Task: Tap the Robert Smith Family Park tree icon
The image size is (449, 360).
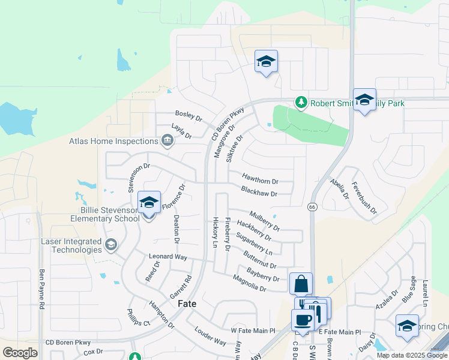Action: coord(301,103)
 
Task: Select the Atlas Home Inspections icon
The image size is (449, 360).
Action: coord(167,142)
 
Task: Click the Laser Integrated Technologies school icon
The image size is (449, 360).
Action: coord(110,244)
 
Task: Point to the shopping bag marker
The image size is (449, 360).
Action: coord(301,284)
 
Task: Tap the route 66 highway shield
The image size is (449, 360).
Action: coord(312,206)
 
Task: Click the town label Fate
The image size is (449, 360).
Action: coord(187,304)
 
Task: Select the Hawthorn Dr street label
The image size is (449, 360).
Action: coord(261,181)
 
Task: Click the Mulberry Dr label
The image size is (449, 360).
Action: coord(265,220)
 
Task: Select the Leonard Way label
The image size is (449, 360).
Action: coord(168,257)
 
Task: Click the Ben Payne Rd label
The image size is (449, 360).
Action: coord(41,289)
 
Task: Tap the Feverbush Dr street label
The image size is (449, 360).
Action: coord(364,198)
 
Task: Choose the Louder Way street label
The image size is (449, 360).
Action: coord(211,337)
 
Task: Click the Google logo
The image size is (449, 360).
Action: coord(20,353)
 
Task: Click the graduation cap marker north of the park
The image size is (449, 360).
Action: coord(266,61)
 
